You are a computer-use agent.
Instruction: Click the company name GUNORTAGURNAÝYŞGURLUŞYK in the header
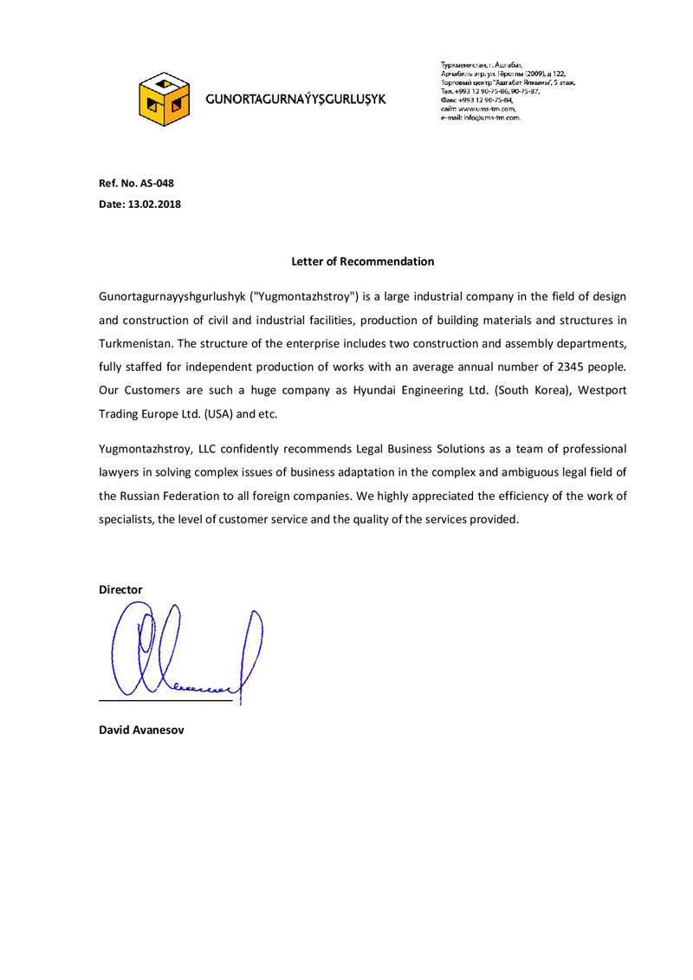tap(295, 100)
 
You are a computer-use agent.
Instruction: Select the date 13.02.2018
tap(154, 204)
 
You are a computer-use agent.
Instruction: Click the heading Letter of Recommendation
tap(362, 261)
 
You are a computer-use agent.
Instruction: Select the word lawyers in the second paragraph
tap(120, 473)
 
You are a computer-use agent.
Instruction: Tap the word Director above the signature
tap(120, 589)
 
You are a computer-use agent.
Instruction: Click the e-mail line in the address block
tap(481, 117)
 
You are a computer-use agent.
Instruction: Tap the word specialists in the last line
tap(124, 520)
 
